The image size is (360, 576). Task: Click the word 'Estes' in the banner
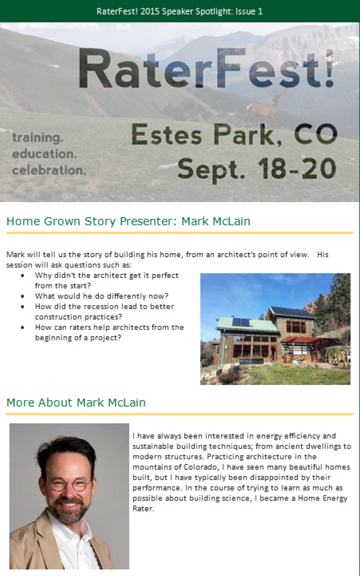[166, 134]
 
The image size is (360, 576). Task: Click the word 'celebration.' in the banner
[49, 170]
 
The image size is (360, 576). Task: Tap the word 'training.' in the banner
[38, 138]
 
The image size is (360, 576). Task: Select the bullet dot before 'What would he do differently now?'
[22, 296]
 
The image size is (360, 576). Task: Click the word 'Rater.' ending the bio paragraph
[143, 509]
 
